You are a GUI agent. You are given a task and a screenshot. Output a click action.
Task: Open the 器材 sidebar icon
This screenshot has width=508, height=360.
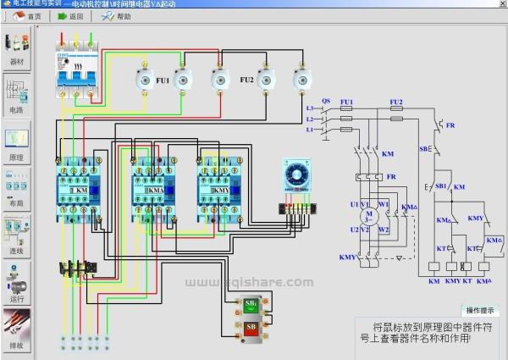pyautogui.click(x=17, y=48)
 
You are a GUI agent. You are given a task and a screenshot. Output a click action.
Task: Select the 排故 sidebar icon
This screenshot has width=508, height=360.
pyautogui.click(x=17, y=330)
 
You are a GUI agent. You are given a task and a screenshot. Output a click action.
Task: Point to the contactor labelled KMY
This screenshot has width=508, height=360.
pyautogui.click(x=217, y=187)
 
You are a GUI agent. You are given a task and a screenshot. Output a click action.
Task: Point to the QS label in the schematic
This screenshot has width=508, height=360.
pyautogui.click(x=325, y=100)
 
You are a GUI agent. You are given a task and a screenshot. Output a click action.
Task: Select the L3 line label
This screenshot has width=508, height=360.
pyautogui.click(x=311, y=109)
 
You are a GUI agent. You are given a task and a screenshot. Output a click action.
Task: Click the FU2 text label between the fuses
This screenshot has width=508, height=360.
pyautogui.click(x=246, y=80)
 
